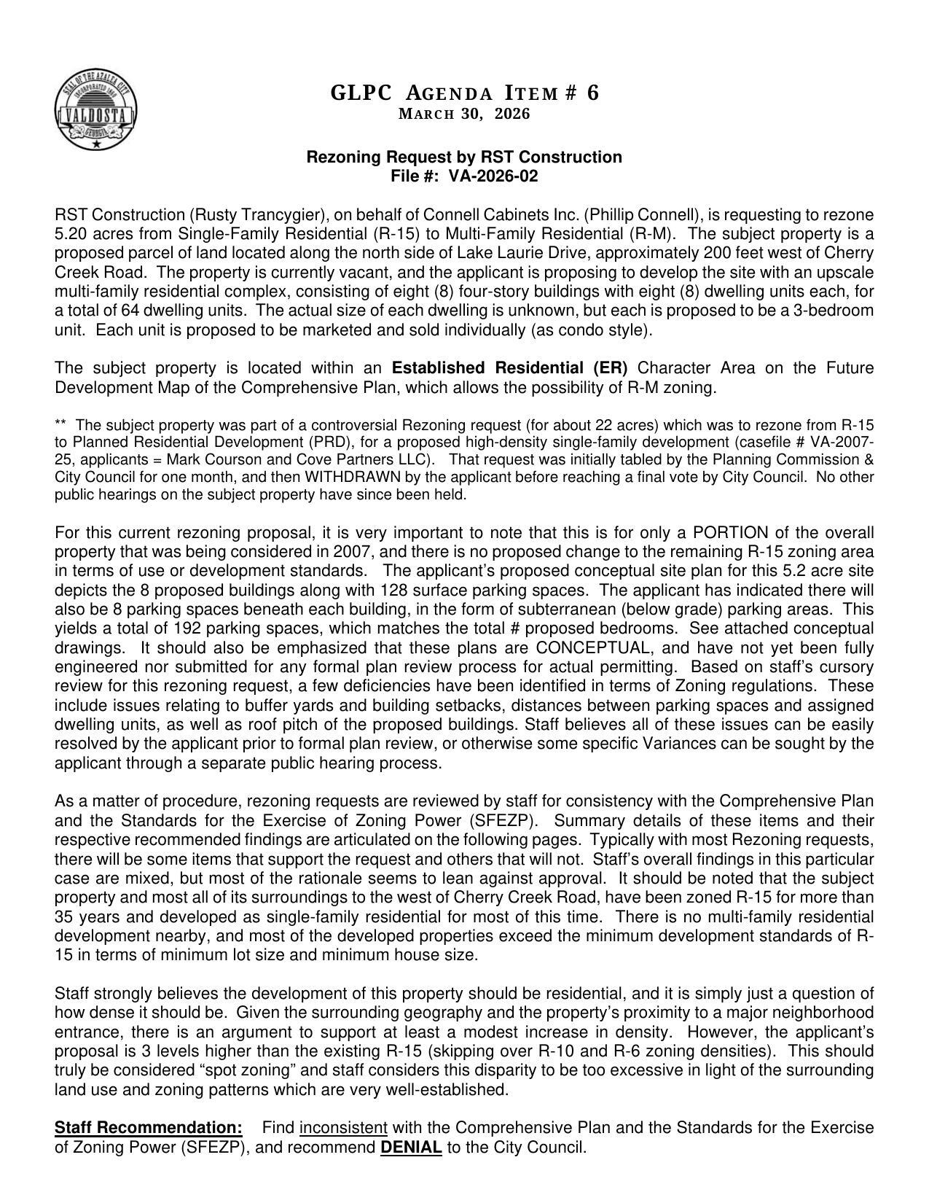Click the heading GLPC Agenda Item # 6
[x=464, y=93]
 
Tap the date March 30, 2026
[x=464, y=114]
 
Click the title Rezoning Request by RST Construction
[x=464, y=157]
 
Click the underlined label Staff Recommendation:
[x=149, y=1128]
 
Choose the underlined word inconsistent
[x=343, y=1128]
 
